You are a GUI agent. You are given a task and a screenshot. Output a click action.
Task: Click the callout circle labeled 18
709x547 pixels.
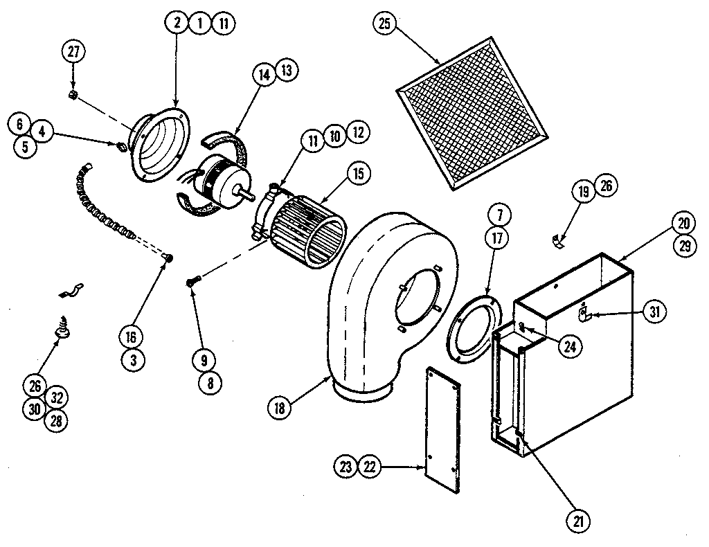click(280, 408)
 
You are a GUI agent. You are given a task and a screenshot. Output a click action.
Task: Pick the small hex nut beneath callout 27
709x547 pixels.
click(74, 94)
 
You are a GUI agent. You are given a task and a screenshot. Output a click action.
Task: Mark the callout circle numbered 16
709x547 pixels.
click(131, 337)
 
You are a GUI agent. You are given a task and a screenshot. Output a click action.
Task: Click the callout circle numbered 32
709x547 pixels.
click(57, 397)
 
